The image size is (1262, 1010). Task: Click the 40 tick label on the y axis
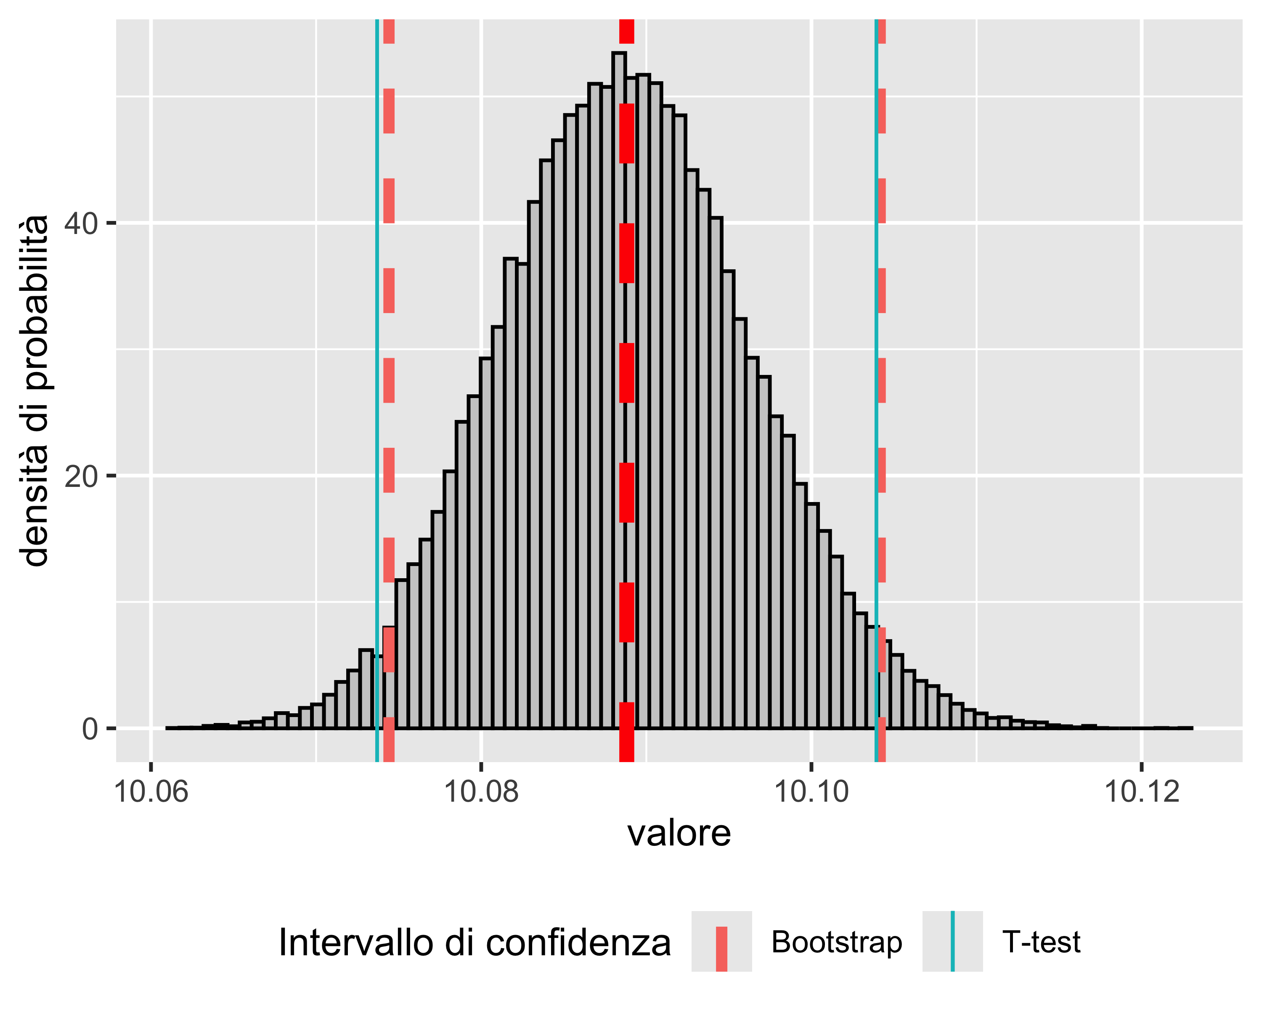(81, 223)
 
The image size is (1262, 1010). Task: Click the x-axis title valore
(679, 833)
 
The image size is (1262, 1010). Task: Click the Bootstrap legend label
(836, 942)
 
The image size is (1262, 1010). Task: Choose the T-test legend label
(1041, 942)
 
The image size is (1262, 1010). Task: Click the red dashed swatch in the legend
(721, 941)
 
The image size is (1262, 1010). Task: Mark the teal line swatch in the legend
(952, 941)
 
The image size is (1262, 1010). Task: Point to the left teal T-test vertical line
(377, 351)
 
